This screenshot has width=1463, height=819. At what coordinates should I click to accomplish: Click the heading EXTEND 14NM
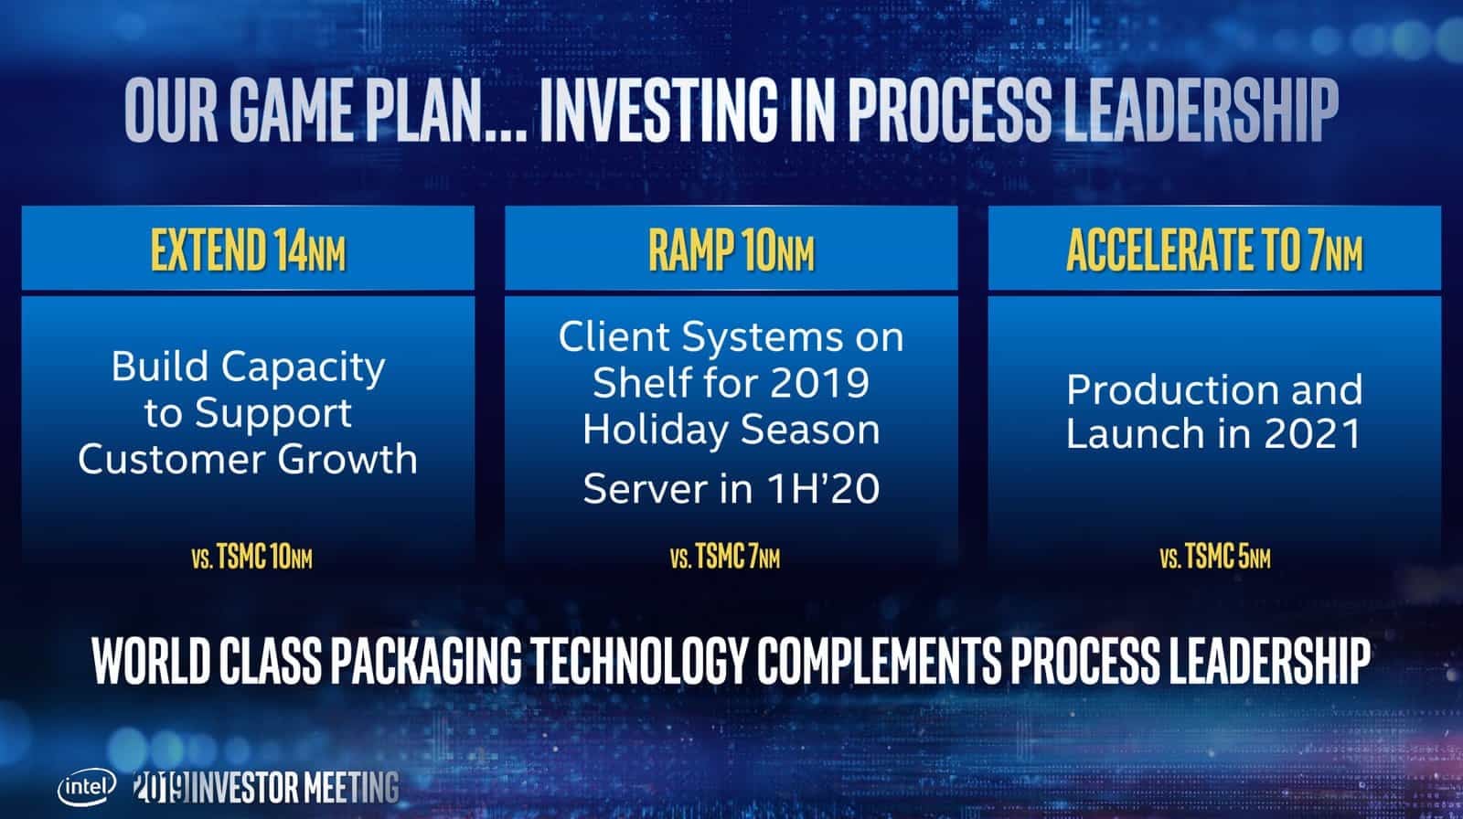tap(248, 250)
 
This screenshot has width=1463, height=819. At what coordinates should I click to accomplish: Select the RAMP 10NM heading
tap(731, 250)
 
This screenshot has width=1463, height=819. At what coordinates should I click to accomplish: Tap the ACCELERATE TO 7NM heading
tap(1215, 250)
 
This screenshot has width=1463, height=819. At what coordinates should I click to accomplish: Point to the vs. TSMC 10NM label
tap(251, 557)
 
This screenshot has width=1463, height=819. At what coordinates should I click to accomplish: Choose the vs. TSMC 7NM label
tap(725, 557)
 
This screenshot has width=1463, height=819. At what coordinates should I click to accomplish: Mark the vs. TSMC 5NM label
tap(1215, 557)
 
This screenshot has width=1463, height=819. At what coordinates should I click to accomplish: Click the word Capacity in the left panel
tap(303, 368)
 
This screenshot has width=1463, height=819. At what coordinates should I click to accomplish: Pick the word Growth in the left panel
tap(347, 459)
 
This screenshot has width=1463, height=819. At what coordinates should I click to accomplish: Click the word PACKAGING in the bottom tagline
tap(426, 661)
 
